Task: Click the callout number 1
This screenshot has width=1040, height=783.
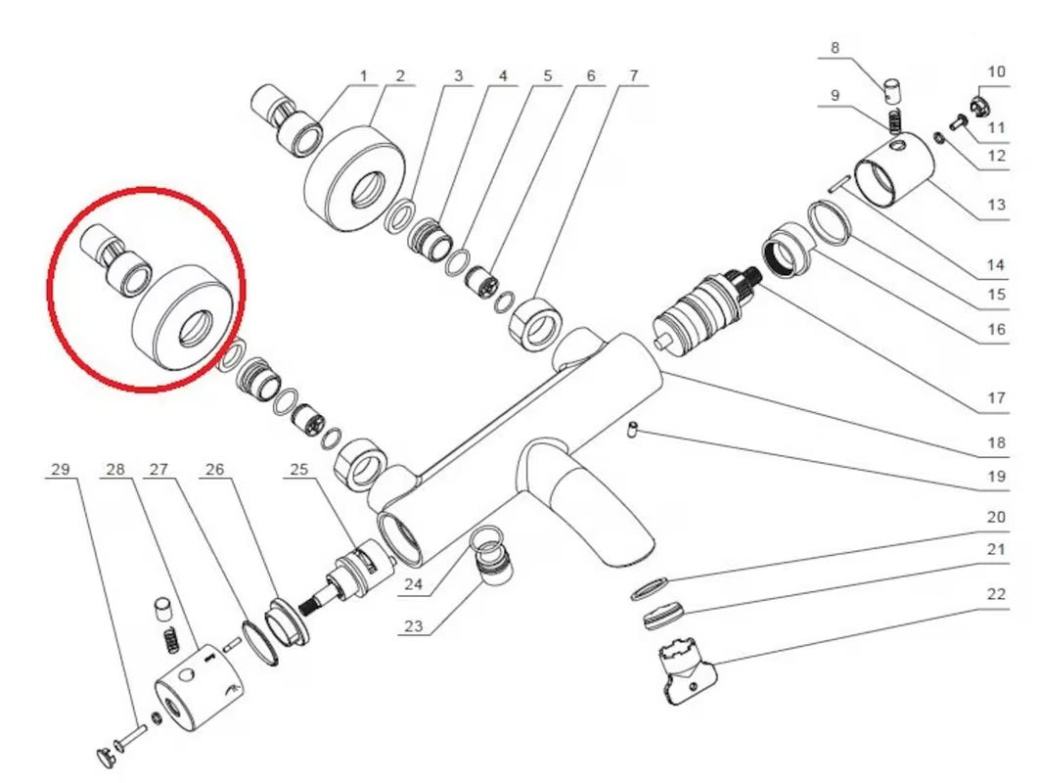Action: click(x=363, y=76)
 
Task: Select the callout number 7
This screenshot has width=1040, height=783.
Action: click(x=633, y=76)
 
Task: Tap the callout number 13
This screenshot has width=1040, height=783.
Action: click(x=996, y=205)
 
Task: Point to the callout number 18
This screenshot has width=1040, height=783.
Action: click(x=996, y=442)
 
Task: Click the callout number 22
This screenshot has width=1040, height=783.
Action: click(x=996, y=594)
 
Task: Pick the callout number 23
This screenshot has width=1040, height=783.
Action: click(x=413, y=625)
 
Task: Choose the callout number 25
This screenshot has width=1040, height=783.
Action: click(x=299, y=469)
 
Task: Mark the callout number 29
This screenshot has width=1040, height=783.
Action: click(x=61, y=469)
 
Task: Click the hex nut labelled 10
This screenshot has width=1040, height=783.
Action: click(x=978, y=103)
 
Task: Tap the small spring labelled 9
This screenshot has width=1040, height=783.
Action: click(x=896, y=120)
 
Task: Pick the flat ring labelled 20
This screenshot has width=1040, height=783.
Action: click(x=648, y=588)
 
